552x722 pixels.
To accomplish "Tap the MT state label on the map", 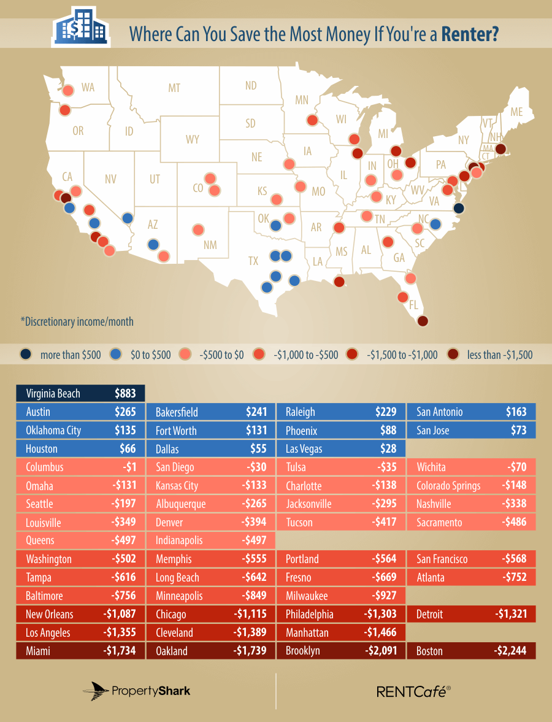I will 174,88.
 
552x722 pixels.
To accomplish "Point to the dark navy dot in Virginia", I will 458,208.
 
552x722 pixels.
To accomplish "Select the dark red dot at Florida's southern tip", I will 422,320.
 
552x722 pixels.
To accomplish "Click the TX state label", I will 253,261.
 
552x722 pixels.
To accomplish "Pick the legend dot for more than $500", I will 25,354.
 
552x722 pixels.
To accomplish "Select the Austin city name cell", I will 38,412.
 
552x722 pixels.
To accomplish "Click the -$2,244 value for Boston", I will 510,651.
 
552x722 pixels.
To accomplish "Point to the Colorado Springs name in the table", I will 448,485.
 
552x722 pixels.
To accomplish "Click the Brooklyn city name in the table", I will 302,651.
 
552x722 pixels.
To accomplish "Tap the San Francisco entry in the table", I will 442,559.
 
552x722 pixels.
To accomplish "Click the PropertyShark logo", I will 137,691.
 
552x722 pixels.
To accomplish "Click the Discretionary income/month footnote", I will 77,321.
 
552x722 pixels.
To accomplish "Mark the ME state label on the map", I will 516,112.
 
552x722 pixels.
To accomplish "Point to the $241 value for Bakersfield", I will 256,412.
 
